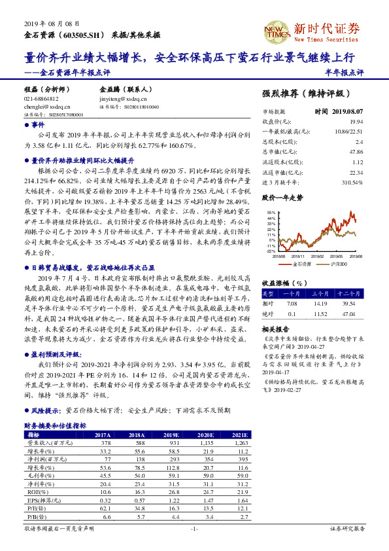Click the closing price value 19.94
coord(356,122)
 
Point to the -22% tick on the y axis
coord(271,250)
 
